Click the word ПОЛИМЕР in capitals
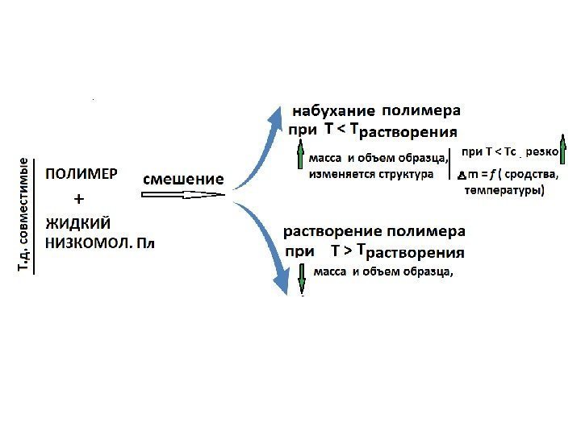point(82,173)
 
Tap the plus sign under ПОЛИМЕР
point(78,197)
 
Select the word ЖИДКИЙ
point(77,222)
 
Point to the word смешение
point(184,178)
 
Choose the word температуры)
point(504,191)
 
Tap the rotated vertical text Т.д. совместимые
point(27,215)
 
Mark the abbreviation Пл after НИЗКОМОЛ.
point(144,242)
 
